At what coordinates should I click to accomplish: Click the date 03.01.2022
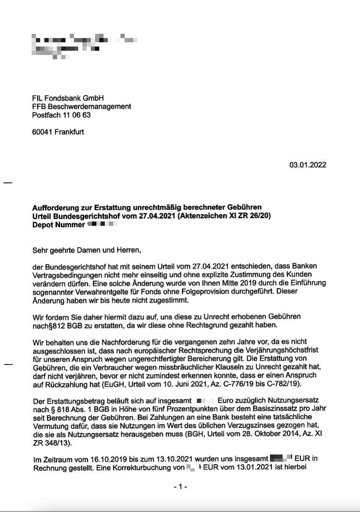307,165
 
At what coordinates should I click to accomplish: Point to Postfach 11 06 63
61,115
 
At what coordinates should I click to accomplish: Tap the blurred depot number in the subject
101,225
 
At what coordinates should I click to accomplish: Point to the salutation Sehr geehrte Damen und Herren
86,250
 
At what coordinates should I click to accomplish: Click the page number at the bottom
180,487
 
